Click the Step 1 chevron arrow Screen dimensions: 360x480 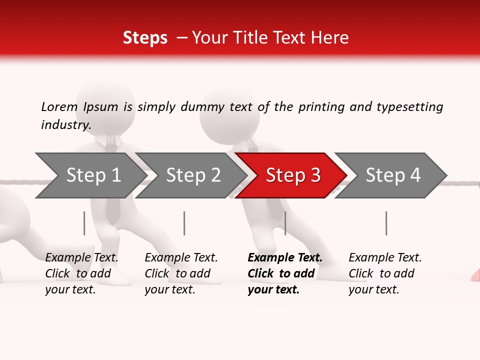pyautogui.click(x=90, y=175)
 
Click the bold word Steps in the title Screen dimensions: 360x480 pyautogui.click(x=145, y=38)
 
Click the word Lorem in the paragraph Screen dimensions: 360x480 pyautogui.click(x=59, y=107)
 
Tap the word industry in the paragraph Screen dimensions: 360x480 pyautogui.click(x=65, y=125)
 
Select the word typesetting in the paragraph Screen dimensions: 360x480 pyautogui.click(x=409, y=107)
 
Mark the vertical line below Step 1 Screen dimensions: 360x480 pyautogui.click(x=84, y=223)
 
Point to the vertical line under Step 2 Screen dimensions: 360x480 pyautogui.click(x=184, y=223)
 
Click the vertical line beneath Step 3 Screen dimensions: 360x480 pyautogui.click(x=285, y=223)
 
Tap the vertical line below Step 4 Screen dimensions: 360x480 pyautogui.click(x=386, y=223)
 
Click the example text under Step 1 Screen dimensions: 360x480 pyautogui.click(x=81, y=273)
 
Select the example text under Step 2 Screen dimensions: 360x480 pyautogui.click(x=180, y=273)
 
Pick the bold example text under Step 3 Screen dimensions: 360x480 pyautogui.click(x=284, y=273)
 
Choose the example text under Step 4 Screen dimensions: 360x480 pyautogui.click(x=384, y=273)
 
